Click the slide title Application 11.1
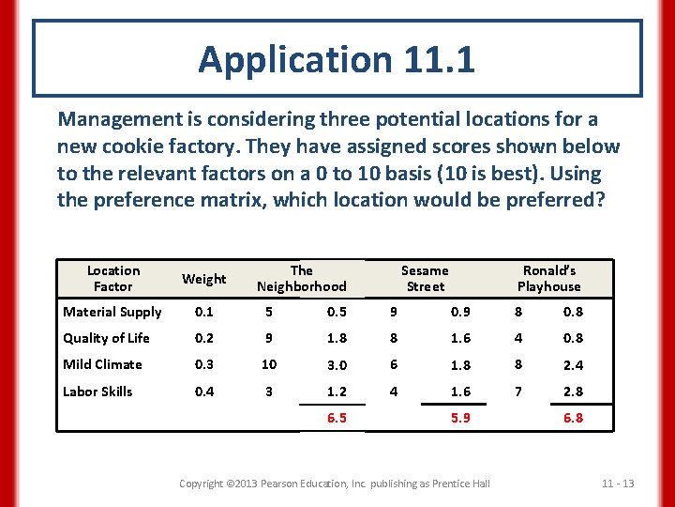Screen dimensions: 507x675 pos(337,60)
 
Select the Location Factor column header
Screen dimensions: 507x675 pos(112,278)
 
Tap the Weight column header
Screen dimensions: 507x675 pos(204,279)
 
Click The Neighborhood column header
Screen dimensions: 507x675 pos(302,278)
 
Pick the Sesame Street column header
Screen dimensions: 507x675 pos(425,278)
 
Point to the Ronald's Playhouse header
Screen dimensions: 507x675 pos(549,278)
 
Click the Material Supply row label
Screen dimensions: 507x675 pos(112,312)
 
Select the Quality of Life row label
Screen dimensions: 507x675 pos(106,338)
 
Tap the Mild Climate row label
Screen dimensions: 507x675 pos(102,364)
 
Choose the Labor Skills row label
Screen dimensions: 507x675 pos(97,392)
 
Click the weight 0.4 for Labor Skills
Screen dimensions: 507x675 pos(204,392)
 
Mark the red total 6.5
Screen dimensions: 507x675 pos(337,418)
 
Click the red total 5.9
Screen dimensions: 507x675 pos(460,418)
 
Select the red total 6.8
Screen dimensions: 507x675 pos(573,418)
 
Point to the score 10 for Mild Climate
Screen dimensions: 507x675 pos(269,364)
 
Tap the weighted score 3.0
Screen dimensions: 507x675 pos(337,365)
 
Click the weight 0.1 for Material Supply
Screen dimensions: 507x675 pos(204,312)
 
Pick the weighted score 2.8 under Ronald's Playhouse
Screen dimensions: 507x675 pos(573,392)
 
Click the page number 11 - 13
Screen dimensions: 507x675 pos(618,484)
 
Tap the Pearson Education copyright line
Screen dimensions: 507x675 pos(335,484)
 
